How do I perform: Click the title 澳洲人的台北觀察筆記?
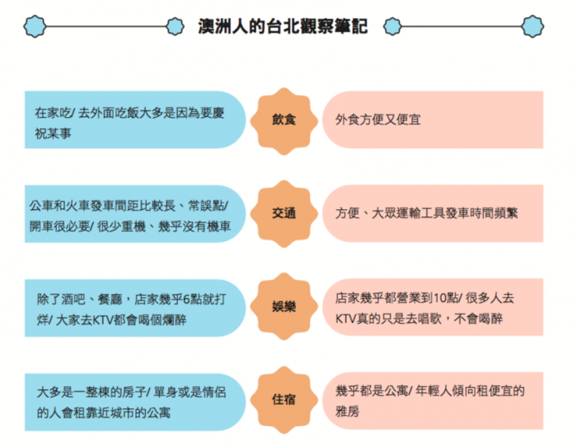(283, 26)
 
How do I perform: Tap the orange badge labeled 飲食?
(284, 121)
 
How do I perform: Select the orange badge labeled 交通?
(284, 213)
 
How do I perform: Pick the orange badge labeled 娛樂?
(284, 306)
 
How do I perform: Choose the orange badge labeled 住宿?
(284, 399)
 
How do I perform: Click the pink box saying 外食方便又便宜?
(433, 120)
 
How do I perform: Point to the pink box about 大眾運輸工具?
(433, 213)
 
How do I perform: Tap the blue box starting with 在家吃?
(135, 120)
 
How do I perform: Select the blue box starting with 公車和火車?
(135, 214)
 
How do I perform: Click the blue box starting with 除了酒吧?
(135, 308)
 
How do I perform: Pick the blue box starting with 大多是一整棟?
(135, 403)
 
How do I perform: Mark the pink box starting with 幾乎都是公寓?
(433, 401)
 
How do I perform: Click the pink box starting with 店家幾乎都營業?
(433, 307)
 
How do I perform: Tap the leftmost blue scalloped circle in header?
(35, 26)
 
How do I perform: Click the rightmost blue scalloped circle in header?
(532, 26)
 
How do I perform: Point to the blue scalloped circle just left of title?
(175, 26)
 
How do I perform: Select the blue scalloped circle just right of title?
(392, 26)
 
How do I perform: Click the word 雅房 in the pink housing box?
(347, 412)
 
